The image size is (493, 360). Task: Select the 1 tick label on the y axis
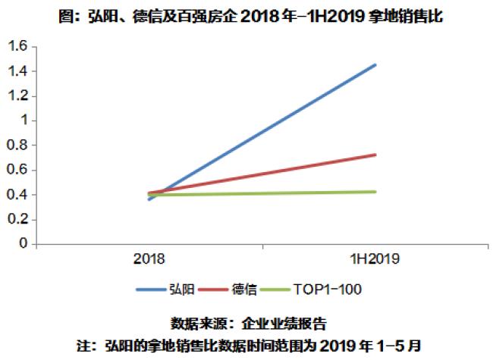(x=23, y=121)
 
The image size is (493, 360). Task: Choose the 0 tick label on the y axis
(x=23, y=245)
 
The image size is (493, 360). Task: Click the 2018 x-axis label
(x=149, y=258)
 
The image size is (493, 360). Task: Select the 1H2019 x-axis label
(x=375, y=258)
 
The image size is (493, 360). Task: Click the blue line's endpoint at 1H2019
(x=375, y=64)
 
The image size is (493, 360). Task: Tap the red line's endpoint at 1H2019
(x=375, y=155)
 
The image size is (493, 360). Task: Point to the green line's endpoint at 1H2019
(x=375, y=192)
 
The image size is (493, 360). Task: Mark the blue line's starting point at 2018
(x=149, y=199)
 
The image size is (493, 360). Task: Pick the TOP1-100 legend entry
(x=325, y=290)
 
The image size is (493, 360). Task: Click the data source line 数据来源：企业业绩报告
(x=249, y=324)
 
